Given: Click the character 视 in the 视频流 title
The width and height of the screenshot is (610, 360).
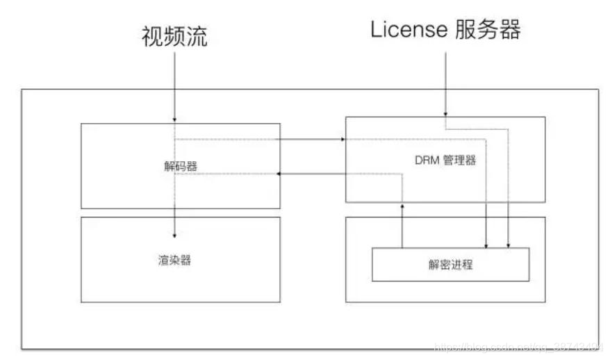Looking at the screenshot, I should pos(152,37).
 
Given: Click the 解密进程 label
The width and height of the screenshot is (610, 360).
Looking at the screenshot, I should pos(451,265).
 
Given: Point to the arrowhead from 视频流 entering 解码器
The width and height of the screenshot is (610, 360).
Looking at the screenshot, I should pos(175,120).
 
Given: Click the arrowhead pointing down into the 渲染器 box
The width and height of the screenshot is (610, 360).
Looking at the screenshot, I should pos(175,234).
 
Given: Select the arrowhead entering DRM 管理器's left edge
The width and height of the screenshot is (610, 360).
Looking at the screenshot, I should pos(343,139).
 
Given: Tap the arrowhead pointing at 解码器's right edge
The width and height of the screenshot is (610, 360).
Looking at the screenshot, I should pos(279,174).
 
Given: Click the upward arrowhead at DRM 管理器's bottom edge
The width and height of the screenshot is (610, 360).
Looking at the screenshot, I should pos(402,205).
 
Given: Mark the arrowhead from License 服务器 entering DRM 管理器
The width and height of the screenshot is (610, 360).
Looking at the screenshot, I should pos(445,113).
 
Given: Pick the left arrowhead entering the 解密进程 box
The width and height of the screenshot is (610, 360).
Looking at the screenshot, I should pos(486,245).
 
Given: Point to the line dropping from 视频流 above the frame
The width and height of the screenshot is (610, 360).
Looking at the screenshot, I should pos(175,76).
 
